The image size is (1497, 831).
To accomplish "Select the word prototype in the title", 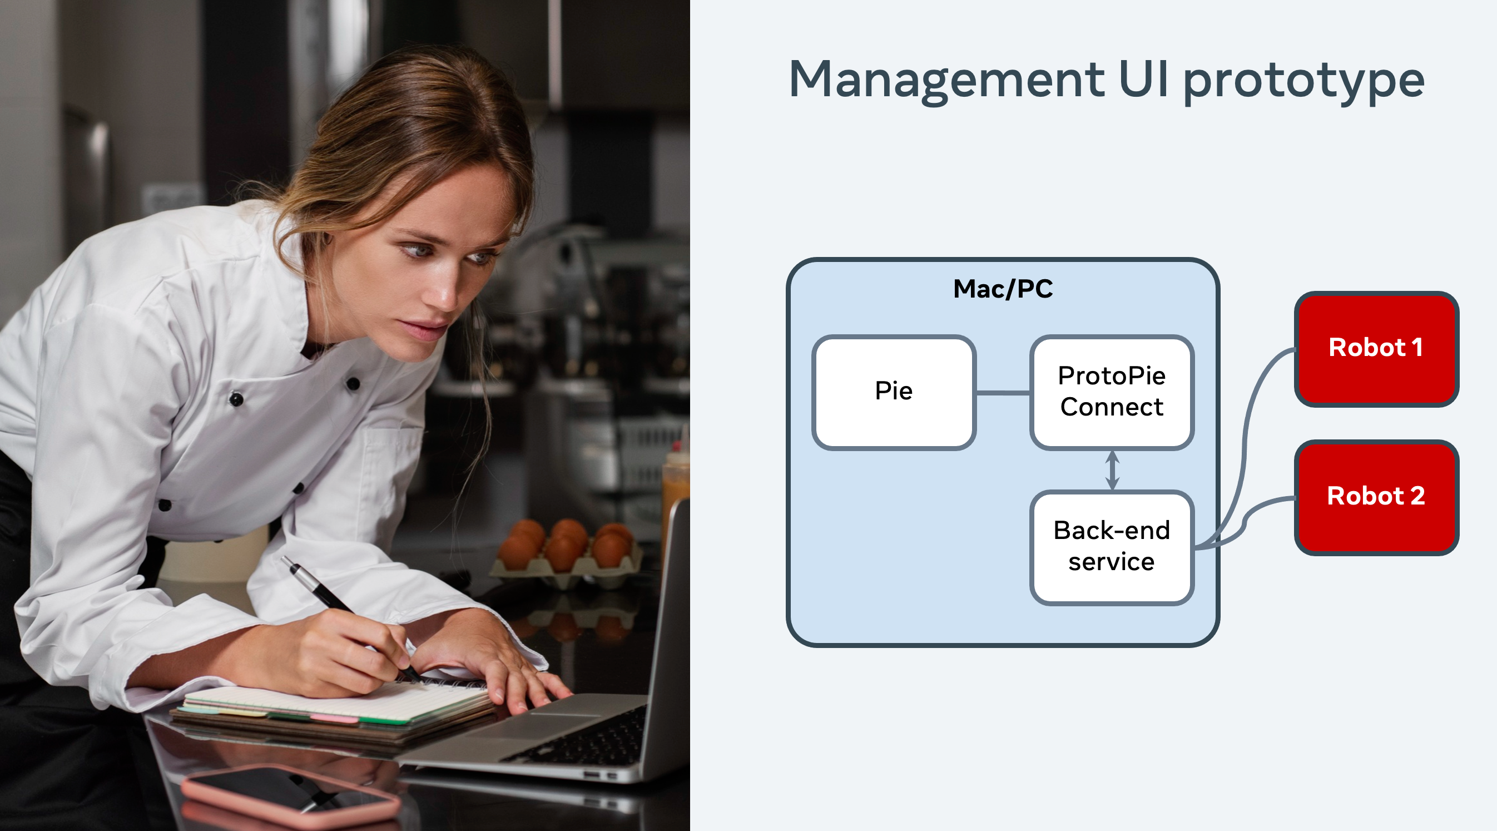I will click(x=1303, y=81).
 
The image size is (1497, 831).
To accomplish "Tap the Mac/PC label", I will click(x=1003, y=289).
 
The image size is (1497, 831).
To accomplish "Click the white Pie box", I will click(x=894, y=392).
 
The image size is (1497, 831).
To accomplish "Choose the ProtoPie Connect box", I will click(x=1112, y=392).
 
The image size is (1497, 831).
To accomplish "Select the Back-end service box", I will click(x=1112, y=547).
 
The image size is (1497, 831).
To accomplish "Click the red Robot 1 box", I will click(x=1376, y=348).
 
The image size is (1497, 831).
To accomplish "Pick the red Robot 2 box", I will click(x=1376, y=497).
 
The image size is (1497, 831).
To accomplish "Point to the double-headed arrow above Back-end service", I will click(x=1112, y=470).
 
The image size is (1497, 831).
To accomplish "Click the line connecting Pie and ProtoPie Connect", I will click(x=1003, y=393).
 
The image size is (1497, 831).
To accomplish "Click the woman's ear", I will click(x=320, y=244).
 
